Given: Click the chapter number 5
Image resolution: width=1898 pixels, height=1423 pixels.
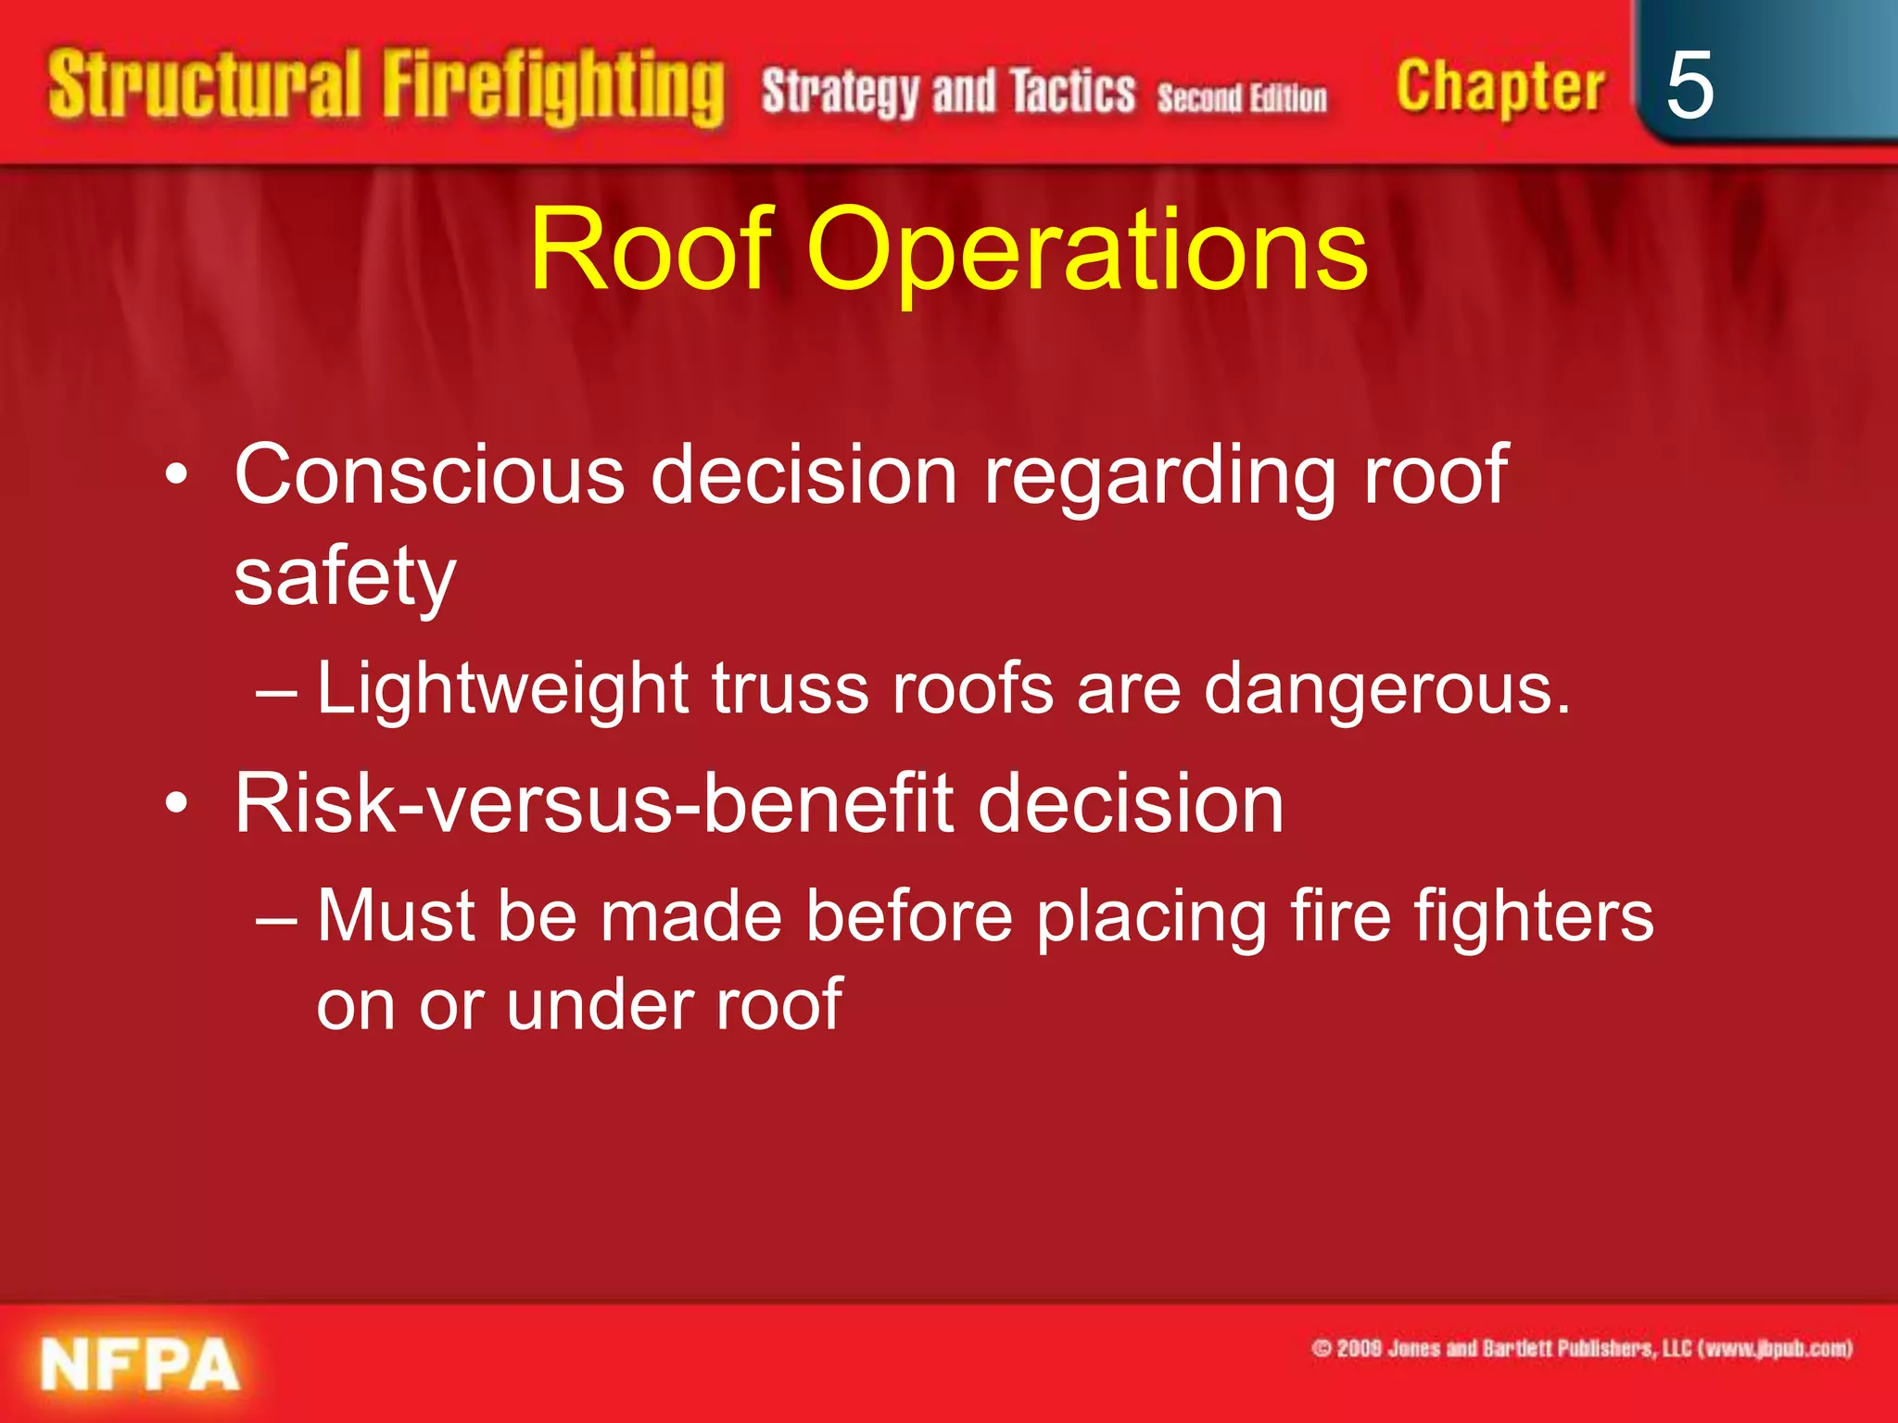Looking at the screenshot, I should [x=1689, y=85].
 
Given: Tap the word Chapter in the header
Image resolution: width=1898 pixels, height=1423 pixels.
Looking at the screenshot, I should [x=1499, y=87].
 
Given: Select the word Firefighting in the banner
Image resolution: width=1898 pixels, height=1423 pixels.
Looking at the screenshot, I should [x=553, y=89].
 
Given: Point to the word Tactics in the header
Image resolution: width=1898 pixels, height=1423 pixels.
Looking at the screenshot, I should [x=1072, y=92].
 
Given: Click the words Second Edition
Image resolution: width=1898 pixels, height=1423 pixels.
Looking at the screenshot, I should [x=1241, y=97].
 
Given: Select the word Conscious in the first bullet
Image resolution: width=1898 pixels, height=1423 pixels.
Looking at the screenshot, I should [x=429, y=474].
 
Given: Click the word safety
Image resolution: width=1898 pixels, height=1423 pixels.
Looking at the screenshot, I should [x=345, y=577].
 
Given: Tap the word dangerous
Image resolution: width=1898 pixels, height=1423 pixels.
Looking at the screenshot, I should [x=1386, y=690].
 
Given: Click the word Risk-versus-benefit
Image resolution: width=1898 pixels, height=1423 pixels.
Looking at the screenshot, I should [x=593, y=803].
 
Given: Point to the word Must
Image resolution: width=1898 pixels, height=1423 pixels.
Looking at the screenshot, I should [x=396, y=916].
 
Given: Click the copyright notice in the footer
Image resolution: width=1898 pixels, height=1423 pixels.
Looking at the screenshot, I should [x=1581, y=1348].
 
